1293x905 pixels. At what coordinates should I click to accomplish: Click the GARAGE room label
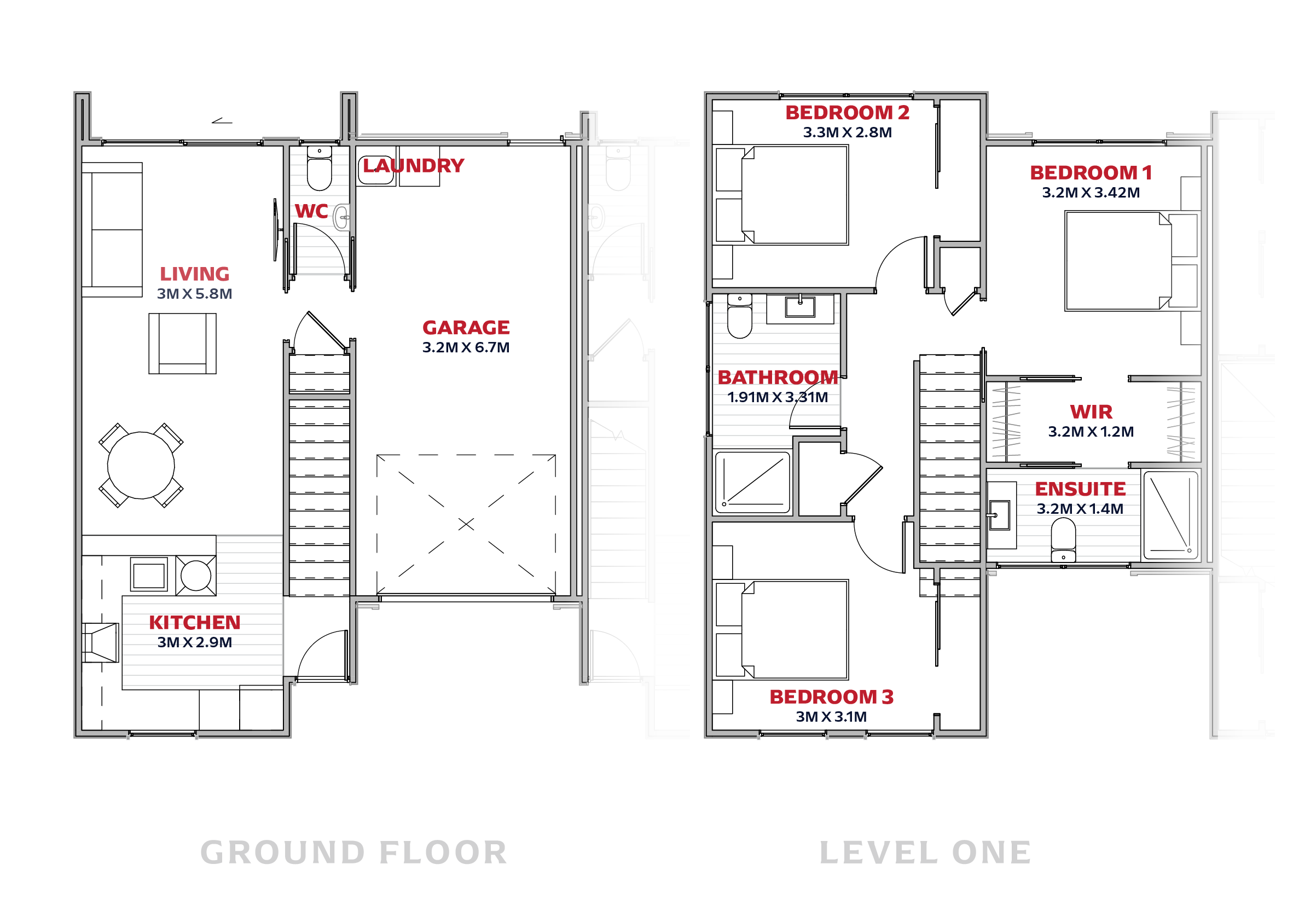[x=466, y=327]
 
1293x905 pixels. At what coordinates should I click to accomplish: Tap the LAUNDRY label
[x=413, y=166]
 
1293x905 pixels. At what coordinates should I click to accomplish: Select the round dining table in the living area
[x=141, y=465]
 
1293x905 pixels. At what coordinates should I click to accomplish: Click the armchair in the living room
[x=182, y=344]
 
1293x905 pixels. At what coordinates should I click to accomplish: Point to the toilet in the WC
[x=320, y=168]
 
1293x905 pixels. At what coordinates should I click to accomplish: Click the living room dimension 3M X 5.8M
[x=194, y=294]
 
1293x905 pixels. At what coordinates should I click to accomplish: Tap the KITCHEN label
[x=194, y=622]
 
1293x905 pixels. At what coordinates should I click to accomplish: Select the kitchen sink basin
[x=149, y=575]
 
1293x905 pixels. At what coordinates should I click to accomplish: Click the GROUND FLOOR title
[x=353, y=852]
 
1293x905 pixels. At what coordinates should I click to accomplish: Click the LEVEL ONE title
[x=925, y=852]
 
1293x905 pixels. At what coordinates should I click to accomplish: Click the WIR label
[x=1091, y=412]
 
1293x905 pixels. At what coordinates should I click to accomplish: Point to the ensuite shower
[x=1171, y=515]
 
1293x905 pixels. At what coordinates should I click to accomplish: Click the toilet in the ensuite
[x=1063, y=539]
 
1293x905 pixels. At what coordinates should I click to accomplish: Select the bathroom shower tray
[x=752, y=483]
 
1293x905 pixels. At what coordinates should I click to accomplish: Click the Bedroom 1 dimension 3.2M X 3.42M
[x=1091, y=193]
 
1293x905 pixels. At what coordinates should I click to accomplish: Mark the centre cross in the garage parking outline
[x=466, y=524]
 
